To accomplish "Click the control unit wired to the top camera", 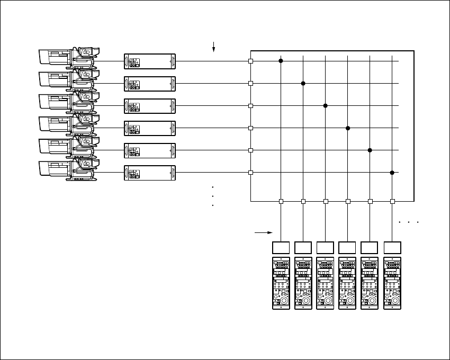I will pyautogui.click(x=149, y=61).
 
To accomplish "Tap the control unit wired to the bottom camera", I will pyautogui.click(x=149, y=173).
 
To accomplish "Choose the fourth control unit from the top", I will pyautogui.click(x=149, y=128).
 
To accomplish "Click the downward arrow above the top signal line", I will pyautogui.click(x=213, y=48).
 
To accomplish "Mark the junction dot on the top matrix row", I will pyautogui.click(x=281, y=61).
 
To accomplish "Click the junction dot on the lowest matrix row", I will pyautogui.click(x=392, y=173).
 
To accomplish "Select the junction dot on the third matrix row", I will pyautogui.click(x=326, y=106).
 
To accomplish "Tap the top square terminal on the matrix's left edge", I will pyautogui.click(x=250, y=61).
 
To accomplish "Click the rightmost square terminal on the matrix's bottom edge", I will pyautogui.click(x=392, y=201).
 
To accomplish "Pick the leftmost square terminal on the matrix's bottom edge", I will pyautogui.click(x=281, y=201).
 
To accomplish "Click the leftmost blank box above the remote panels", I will pyautogui.click(x=281, y=247).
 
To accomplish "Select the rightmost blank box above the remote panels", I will pyautogui.click(x=392, y=247).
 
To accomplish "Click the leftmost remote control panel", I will pyautogui.click(x=281, y=283).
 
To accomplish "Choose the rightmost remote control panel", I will pyautogui.click(x=392, y=283).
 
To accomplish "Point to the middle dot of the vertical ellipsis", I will pyautogui.click(x=212, y=196).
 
